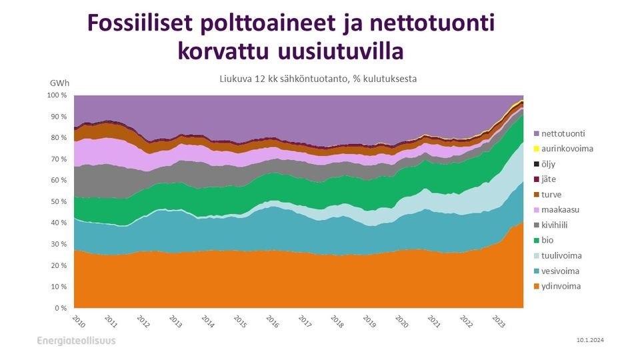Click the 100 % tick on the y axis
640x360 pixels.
57,95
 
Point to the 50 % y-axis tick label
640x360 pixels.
59,202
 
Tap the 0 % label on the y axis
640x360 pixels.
61,308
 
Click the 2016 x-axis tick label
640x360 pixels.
272,322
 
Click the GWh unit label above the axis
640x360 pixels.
59,84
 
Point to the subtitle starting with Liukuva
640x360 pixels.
319,79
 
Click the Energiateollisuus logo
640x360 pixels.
76,341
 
